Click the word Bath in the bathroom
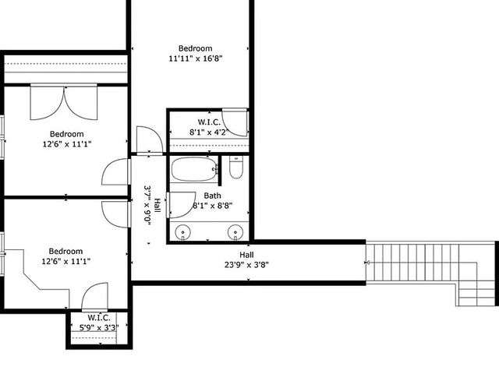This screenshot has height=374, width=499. (212, 196)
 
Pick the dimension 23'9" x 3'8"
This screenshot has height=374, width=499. (246, 264)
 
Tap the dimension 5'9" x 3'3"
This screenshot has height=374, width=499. (98, 327)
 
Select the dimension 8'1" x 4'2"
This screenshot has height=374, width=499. (208, 132)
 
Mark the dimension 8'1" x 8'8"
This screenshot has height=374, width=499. (211, 206)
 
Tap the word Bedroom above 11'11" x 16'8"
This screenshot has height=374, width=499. (195, 48)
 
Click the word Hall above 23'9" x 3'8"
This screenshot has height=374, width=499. (246, 255)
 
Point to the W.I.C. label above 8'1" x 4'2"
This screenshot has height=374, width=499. (209, 122)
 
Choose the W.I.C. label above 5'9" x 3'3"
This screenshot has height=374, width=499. (98, 317)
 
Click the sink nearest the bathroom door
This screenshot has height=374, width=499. (184, 231)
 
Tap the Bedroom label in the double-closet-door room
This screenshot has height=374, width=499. (66, 133)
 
